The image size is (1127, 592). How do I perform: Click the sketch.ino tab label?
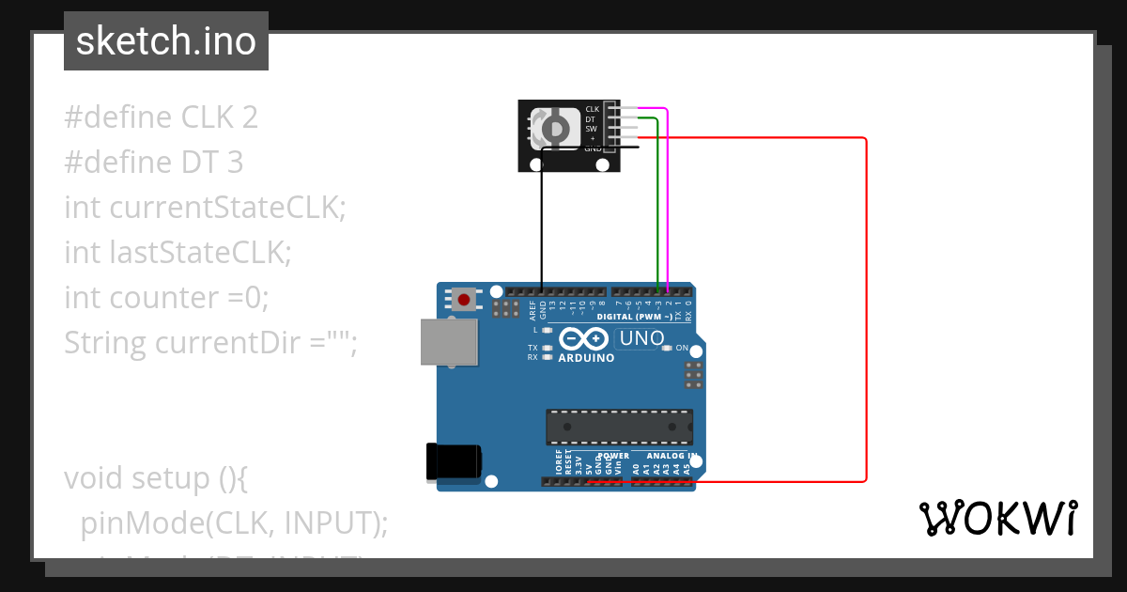166,41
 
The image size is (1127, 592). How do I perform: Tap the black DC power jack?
454,460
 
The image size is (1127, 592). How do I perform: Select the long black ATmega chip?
620,427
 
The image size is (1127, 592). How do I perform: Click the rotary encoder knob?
554,127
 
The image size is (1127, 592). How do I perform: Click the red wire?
865,310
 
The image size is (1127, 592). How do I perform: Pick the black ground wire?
541,226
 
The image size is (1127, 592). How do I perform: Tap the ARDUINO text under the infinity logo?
586,358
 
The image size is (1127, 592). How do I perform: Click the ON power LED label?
682,348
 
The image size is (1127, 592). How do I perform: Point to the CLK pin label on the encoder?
592,110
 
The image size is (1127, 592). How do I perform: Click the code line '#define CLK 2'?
161,117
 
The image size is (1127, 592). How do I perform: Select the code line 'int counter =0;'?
166,298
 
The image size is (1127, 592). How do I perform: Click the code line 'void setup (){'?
156,478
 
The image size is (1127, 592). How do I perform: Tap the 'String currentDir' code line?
211,343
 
